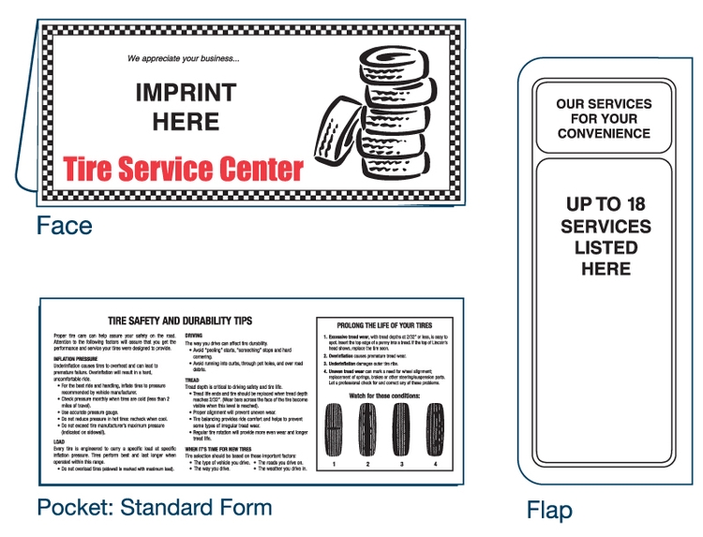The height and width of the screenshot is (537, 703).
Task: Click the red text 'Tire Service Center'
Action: [x=184, y=170]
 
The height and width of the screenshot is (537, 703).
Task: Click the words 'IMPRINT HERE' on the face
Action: [x=185, y=107]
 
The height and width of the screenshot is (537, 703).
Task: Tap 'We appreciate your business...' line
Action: [x=184, y=58]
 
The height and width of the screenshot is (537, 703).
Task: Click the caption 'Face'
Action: [x=64, y=226]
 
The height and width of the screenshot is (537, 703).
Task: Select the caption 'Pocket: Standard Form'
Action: [x=155, y=508]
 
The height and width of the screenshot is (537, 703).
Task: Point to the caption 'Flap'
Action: [x=548, y=511]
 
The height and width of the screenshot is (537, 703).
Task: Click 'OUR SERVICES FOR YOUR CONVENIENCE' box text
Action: [x=603, y=119]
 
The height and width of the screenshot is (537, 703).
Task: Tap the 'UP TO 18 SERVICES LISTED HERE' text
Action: [x=606, y=236]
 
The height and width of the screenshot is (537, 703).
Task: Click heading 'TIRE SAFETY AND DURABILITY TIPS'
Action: [x=180, y=320]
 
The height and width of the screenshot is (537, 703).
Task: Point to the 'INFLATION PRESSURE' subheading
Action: [x=78, y=359]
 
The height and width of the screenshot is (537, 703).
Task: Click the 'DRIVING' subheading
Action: [x=194, y=335]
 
